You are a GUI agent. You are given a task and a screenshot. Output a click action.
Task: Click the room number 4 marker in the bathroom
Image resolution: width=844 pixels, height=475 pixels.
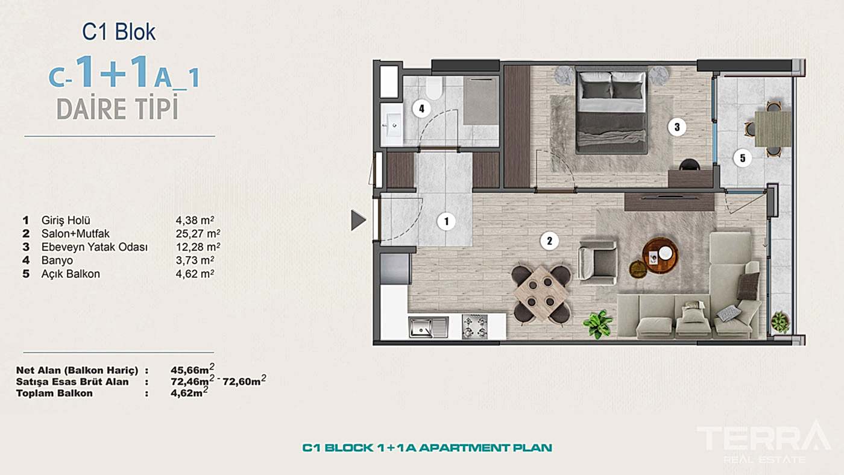point(421,109)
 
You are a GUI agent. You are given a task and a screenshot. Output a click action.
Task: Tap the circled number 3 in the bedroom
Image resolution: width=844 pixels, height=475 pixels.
point(676,127)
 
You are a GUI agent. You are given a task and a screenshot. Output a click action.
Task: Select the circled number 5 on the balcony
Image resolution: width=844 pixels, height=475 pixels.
point(742,158)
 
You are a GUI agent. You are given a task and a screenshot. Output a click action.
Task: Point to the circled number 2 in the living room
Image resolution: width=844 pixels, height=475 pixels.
point(549,241)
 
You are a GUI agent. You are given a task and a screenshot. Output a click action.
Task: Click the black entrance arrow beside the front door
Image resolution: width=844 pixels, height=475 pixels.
point(358,221)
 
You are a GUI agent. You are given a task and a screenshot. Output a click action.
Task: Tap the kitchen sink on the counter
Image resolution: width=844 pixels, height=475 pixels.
point(429,327)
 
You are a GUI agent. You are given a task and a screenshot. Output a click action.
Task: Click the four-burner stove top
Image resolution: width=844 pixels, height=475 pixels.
point(475,327)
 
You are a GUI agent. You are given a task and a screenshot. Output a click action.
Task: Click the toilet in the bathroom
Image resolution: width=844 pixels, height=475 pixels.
point(433,88)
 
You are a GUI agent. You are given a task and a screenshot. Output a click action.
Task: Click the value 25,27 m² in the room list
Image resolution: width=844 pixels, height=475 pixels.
point(198,233)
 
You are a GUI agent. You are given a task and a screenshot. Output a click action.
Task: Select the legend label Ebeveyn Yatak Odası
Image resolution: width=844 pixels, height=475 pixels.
point(95,247)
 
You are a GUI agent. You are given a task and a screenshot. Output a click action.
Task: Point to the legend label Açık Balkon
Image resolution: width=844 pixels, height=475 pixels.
point(71,274)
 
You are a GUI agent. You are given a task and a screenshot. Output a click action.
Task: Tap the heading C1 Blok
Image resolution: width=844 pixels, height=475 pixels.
point(119,32)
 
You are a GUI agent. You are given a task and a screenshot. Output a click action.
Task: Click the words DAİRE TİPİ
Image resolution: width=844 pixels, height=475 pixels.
point(117,109)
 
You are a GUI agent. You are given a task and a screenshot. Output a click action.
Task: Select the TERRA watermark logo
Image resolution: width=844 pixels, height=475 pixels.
point(764,442)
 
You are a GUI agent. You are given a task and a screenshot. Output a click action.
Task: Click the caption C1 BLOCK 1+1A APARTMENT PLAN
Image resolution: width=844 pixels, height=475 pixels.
point(427,448)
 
